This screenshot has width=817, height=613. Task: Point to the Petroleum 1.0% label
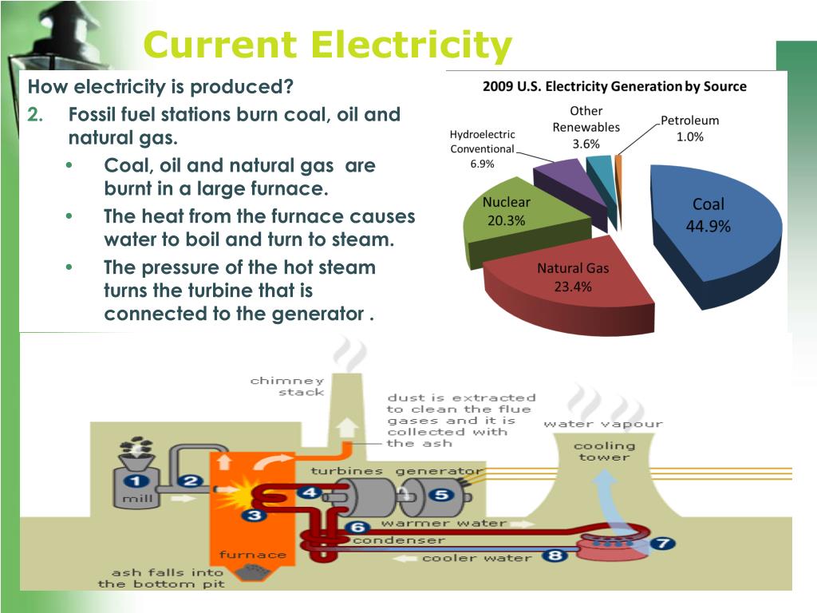[689, 129]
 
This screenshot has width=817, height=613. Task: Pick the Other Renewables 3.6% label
[586, 128]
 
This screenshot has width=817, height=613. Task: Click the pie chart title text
[614, 86]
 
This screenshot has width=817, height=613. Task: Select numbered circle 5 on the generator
[440, 494]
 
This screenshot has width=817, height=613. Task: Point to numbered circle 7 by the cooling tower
[661, 544]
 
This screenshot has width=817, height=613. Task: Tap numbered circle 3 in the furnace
[255, 515]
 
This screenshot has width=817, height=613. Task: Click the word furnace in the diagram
[253, 554]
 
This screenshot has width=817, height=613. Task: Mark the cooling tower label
[604, 451]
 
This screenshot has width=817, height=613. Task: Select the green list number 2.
[35, 114]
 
